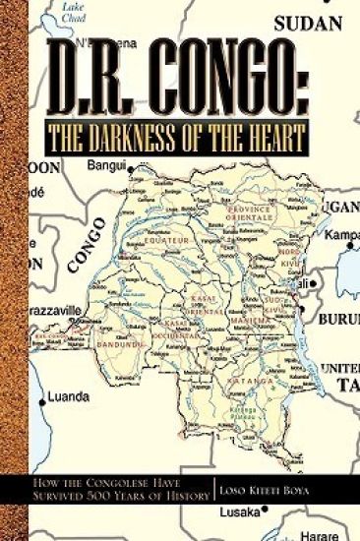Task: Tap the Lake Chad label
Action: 73,10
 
